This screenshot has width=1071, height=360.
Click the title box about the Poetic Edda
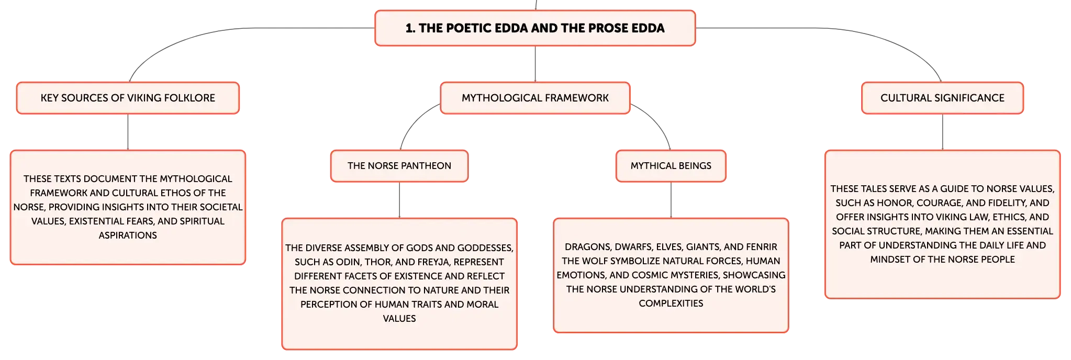(535, 28)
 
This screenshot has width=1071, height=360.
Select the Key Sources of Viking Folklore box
(128, 98)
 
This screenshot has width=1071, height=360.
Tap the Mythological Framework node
(535, 98)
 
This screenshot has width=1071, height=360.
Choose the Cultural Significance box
(942, 98)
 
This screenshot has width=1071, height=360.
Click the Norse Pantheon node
(399, 166)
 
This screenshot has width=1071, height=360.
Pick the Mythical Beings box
(671, 166)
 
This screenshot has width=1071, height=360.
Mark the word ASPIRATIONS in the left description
(128, 235)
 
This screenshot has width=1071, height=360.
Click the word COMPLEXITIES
(671, 303)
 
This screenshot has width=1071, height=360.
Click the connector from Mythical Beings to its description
(671, 200)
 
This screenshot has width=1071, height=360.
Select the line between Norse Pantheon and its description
(399, 200)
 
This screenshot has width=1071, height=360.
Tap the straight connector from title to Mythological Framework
(535, 64)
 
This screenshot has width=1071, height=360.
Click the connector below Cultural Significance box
(943, 132)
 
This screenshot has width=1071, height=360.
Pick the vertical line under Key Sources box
(128, 132)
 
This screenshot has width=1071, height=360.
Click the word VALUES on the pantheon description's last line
(399, 319)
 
